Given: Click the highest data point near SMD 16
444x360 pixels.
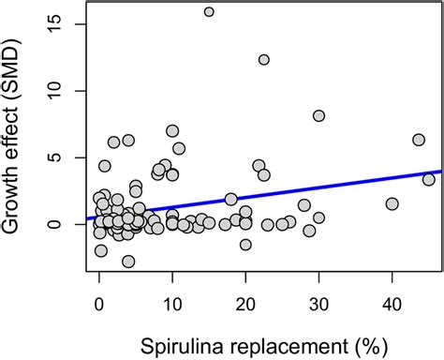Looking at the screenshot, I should coord(209,12).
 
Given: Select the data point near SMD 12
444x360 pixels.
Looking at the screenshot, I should coord(264,60).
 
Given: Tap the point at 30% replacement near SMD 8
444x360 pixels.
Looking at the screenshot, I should coord(318,115).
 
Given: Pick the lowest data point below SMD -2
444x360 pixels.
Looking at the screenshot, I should coord(128,262).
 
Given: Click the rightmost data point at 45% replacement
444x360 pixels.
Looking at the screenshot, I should coord(428,179).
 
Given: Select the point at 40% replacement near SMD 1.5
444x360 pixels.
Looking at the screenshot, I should coord(392,203).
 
